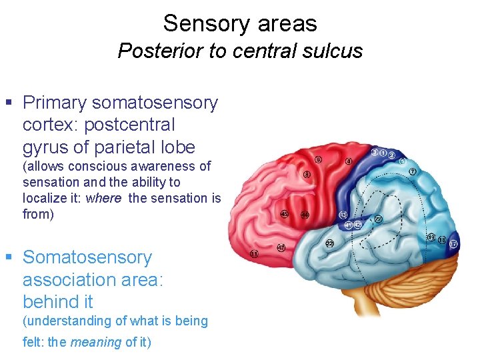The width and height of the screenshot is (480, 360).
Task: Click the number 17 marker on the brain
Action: click(454, 245)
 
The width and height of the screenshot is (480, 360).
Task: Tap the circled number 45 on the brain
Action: click(285, 214)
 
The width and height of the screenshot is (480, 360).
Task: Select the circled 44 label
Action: click(305, 215)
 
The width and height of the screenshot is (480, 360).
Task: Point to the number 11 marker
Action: click(254, 254)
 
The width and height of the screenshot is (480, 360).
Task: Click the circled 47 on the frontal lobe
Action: click(281, 247)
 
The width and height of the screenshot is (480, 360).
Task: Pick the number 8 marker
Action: click(306, 175)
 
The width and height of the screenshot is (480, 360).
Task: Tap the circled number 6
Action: click(318, 160)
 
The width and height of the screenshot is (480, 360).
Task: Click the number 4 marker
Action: click(349, 161)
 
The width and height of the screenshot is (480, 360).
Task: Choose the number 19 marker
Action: click(431, 237)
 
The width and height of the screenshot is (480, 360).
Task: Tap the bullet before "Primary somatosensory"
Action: click(9, 103)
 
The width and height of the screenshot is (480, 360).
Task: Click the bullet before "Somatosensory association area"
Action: click(9, 257)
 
